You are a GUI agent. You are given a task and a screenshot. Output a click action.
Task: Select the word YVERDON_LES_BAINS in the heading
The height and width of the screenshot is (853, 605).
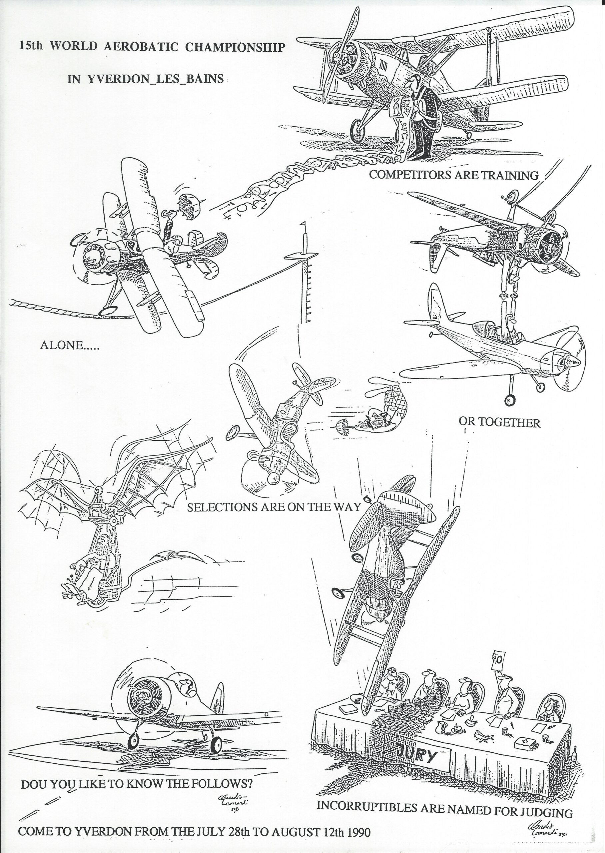pyautogui.click(x=156, y=79)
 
